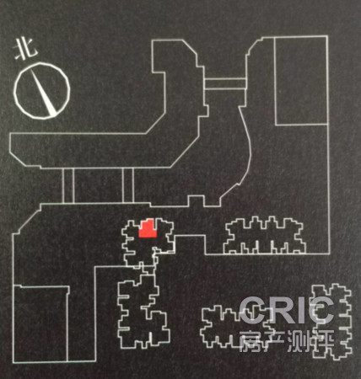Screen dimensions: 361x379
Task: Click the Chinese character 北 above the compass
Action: pos(26,49)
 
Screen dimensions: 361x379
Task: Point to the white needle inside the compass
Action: pos(43,93)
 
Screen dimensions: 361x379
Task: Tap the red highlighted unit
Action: pos(148,228)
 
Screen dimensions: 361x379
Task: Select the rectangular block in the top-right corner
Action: pos(301,80)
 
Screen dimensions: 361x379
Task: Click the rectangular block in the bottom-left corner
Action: pos(40,323)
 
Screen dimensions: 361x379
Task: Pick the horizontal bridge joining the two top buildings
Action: pos(225,83)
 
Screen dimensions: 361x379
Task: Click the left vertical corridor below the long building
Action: pos(67,185)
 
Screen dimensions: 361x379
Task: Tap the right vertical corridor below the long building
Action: pos(128,185)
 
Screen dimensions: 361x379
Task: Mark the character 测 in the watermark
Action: pos(299,340)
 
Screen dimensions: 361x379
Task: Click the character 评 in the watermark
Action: pos(323,340)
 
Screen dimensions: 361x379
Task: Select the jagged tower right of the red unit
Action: pos(264,235)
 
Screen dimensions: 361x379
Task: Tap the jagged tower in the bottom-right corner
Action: pos(331,322)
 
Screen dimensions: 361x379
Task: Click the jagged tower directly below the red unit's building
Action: pos(142,312)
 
